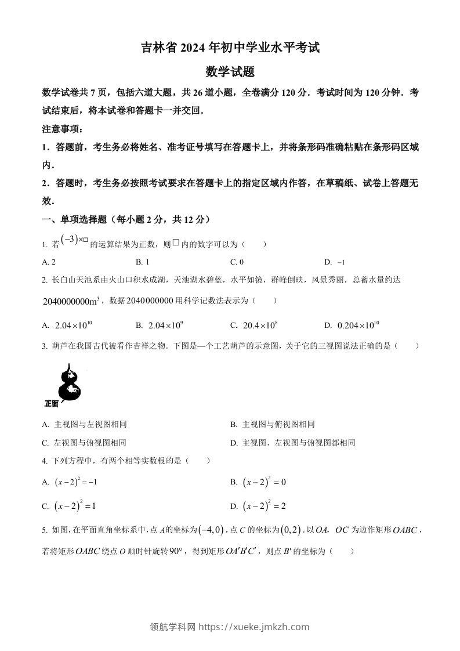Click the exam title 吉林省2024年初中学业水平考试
[x=230, y=48]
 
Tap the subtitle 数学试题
[x=230, y=72]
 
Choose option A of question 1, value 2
[x=49, y=262]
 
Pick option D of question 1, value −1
[x=335, y=262]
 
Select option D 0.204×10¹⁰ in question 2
[x=353, y=325]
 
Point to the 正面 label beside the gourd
[x=51, y=404]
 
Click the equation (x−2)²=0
[x=259, y=482]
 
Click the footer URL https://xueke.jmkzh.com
[x=254, y=627]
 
